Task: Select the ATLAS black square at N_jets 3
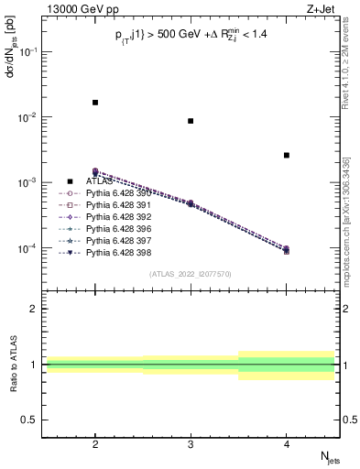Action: point(191,121)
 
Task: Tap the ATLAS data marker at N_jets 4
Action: point(286,156)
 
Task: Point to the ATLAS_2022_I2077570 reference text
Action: point(191,273)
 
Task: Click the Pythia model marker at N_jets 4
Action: point(286,249)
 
